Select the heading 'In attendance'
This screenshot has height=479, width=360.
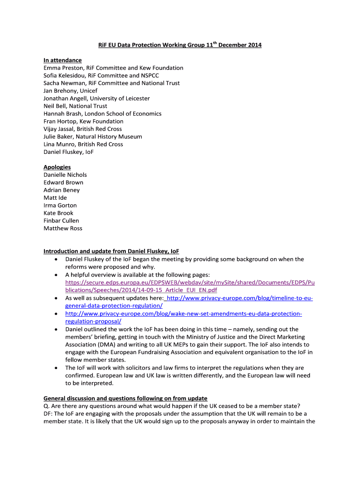[x=63, y=60]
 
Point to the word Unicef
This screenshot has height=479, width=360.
[x=89, y=91]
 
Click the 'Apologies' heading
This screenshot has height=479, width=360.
[x=57, y=167]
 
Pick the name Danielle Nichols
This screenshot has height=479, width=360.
[x=65, y=175]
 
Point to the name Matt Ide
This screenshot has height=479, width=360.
[x=55, y=198]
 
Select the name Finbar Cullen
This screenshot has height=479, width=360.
[x=61, y=221]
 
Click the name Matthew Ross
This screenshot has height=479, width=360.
[x=63, y=228]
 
